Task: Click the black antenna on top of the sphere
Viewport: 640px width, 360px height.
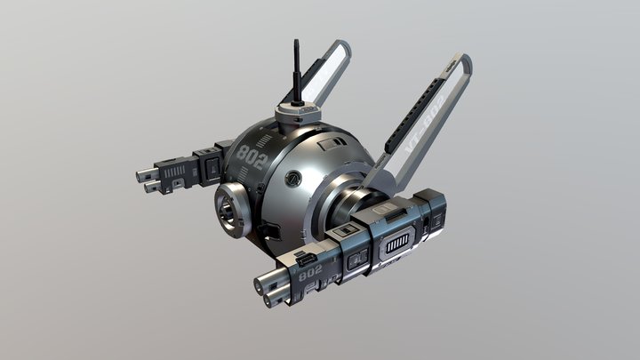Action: pyautogui.click(x=294, y=72)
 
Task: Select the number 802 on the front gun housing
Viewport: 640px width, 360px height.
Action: pyautogui.click(x=310, y=276)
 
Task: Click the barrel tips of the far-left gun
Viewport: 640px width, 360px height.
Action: pyautogui.click(x=147, y=180)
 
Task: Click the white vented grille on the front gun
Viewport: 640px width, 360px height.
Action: pyautogui.click(x=396, y=242)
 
